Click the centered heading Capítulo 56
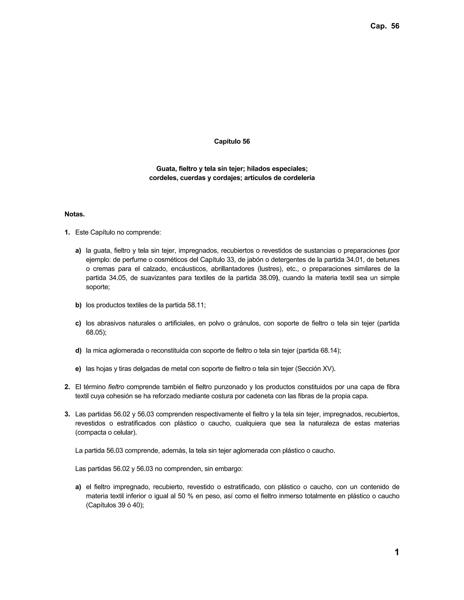click(x=232, y=142)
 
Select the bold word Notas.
click(x=75, y=214)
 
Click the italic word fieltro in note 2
click(x=116, y=387)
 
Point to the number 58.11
click(x=196, y=305)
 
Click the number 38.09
click(x=267, y=278)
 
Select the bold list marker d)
click(x=78, y=351)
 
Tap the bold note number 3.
click(x=67, y=414)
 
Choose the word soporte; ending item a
click(x=98, y=287)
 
